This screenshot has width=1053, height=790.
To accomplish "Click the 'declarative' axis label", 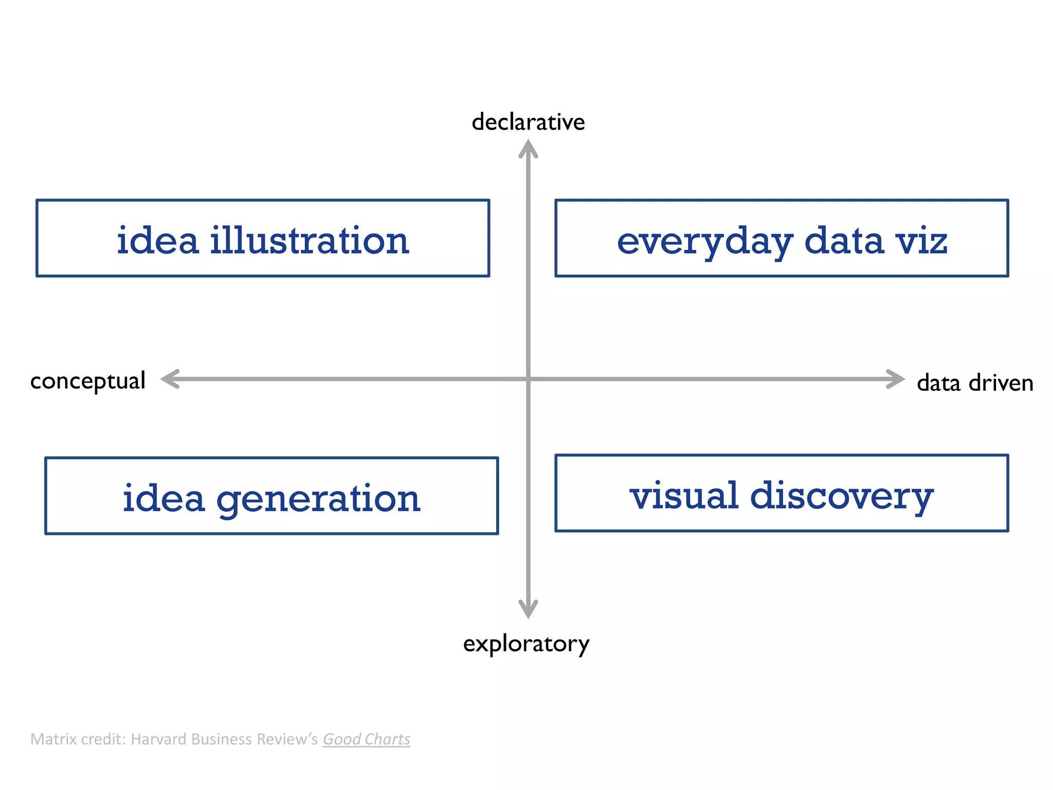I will (x=528, y=122).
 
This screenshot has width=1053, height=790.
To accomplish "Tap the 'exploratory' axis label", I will (x=526, y=643).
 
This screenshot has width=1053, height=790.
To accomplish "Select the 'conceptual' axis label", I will (x=88, y=381).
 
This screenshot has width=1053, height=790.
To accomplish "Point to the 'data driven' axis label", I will (x=975, y=383).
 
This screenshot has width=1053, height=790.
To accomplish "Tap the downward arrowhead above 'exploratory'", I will (x=528, y=609).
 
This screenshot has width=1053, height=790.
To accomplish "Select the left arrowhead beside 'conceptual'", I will (x=170, y=379).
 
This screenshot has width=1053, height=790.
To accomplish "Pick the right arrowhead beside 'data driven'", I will (x=896, y=379).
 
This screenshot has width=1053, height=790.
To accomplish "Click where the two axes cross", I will (x=528, y=379).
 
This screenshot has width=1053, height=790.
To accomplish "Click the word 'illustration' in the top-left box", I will (x=310, y=241).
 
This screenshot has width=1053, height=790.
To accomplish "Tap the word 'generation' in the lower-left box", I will (x=318, y=499).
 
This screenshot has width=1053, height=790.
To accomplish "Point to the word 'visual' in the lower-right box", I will (x=684, y=496).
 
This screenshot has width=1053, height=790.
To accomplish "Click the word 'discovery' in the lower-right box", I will (x=842, y=497).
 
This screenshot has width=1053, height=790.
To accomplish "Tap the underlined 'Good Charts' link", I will (x=366, y=739).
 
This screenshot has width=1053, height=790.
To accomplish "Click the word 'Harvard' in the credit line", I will (x=159, y=739).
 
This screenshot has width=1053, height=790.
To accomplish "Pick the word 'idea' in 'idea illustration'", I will (x=157, y=241).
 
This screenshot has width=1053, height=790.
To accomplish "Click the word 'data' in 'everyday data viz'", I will (x=844, y=241).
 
